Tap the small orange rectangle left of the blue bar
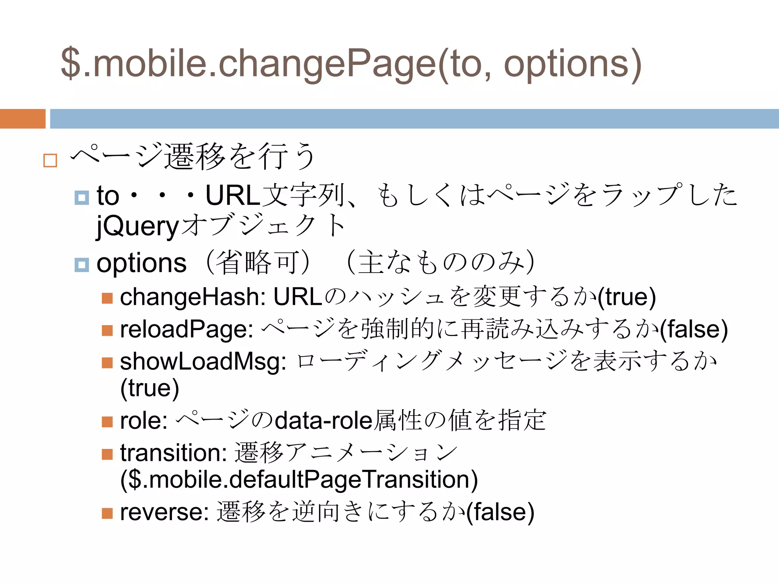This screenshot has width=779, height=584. pos(22,119)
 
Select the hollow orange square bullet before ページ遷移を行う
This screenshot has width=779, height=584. pos(50,160)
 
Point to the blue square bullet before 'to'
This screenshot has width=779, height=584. pos(81,197)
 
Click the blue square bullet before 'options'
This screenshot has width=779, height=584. pos(81,265)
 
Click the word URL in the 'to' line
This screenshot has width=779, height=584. pos(233,196)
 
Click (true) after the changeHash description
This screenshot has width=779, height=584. pos(626,297)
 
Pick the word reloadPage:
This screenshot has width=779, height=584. pos(187,329)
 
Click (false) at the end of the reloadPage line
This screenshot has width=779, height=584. pos(693,329)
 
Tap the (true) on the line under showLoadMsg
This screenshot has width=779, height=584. pos(149,388)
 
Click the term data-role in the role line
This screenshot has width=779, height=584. pos(324,421)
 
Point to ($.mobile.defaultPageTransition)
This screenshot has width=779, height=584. pos(299,480)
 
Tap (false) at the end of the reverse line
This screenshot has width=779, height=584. pos(500,512)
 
